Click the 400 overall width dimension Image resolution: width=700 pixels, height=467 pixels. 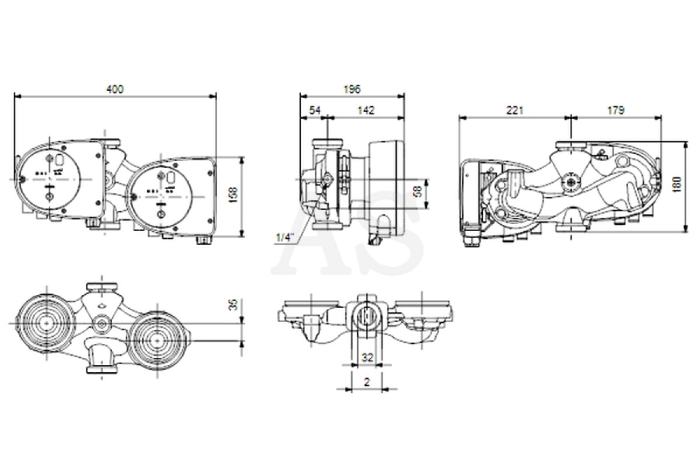pos(115,89)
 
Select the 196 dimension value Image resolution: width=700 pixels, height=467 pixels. pos(352,89)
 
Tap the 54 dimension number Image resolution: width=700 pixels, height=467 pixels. pos(314,110)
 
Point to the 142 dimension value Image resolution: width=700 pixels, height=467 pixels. pos(366,110)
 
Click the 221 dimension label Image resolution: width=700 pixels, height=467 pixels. pos(514,110)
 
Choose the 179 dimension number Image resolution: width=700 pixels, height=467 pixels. pos(616,110)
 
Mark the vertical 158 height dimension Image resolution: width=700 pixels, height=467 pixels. pos(233,194)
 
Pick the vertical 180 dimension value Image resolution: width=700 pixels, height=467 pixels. pos(677,184)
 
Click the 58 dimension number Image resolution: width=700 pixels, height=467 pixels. pos(418,191)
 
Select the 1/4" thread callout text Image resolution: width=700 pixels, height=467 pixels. pos(283,238)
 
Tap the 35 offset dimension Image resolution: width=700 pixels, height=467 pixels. pos(233,304)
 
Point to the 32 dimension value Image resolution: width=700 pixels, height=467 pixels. pos(367,357)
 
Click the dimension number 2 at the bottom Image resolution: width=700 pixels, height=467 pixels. pos(367,382)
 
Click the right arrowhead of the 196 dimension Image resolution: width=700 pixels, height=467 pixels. pos(401,96)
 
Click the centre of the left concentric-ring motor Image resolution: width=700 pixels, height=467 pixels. pos(47,323)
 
